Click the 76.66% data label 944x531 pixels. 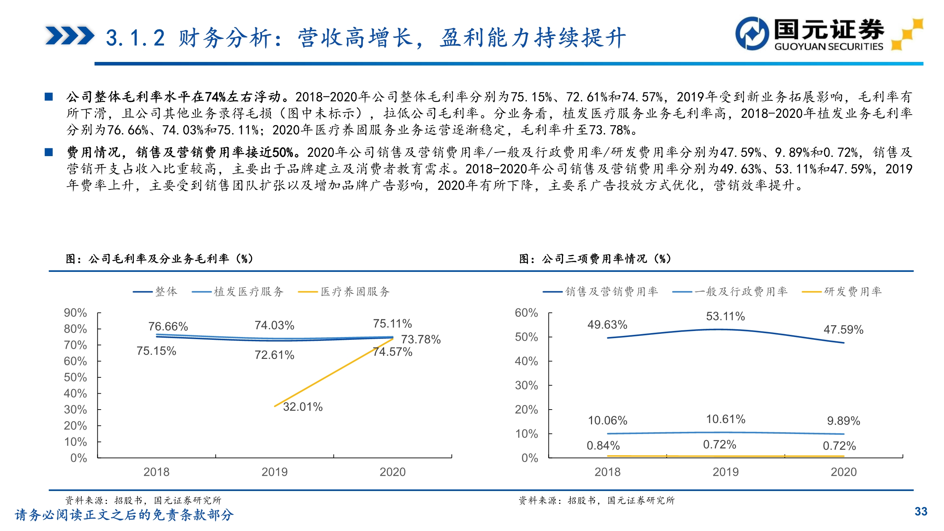(x=168, y=326)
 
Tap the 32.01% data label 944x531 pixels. (x=303, y=407)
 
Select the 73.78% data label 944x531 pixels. (x=421, y=339)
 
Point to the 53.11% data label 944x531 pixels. (x=725, y=316)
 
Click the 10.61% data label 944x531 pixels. (x=725, y=419)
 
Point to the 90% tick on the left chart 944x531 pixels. (x=75, y=313)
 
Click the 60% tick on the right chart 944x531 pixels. (x=526, y=313)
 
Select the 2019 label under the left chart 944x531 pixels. (x=274, y=472)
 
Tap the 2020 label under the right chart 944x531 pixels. (x=843, y=472)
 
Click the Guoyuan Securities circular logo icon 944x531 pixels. (x=752, y=33)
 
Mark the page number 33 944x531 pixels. (x=921, y=512)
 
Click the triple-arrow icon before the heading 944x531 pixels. (x=70, y=36)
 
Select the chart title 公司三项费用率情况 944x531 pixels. (x=595, y=259)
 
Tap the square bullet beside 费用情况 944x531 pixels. (x=49, y=152)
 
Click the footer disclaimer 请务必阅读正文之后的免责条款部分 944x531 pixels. (x=124, y=515)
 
